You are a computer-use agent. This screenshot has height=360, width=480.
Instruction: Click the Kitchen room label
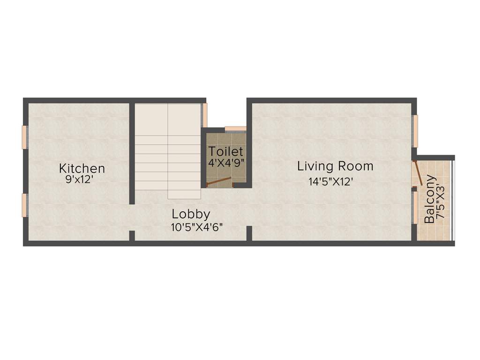(x=82, y=168)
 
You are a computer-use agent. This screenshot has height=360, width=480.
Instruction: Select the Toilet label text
(x=226, y=151)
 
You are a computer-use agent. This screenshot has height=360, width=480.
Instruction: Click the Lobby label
(x=191, y=214)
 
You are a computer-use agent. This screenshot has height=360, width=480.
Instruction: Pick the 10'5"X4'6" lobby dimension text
(x=197, y=227)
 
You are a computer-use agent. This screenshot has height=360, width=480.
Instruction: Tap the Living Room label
(x=336, y=166)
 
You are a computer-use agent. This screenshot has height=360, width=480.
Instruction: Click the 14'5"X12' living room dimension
(x=330, y=181)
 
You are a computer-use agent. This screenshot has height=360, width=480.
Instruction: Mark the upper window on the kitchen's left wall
(x=24, y=137)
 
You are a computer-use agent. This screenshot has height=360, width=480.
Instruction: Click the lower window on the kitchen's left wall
(x=24, y=205)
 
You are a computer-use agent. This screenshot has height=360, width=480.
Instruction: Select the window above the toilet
(x=235, y=128)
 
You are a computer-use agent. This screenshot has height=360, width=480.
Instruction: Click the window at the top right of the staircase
(x=205, y=115)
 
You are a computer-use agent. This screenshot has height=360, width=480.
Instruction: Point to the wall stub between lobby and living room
(x=249, y=233)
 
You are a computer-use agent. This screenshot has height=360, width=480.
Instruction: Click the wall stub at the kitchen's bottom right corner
(x=132, y=235)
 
